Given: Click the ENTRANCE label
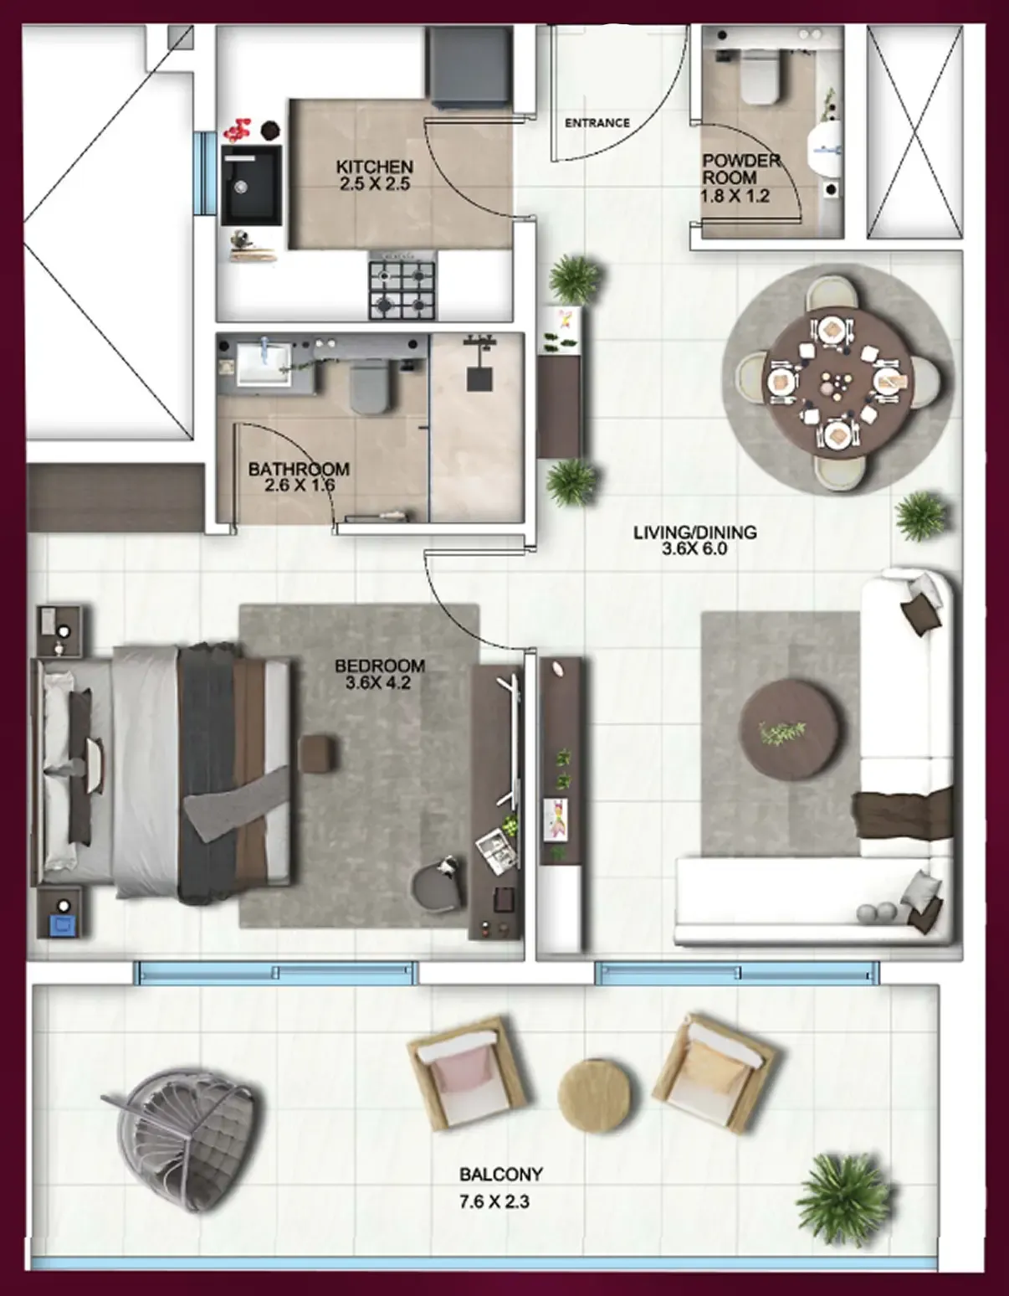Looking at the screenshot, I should click(597, 123).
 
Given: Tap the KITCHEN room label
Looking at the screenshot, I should click(374, 167).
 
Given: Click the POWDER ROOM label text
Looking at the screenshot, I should click(740, 168).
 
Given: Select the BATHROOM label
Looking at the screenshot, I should click(299, 469).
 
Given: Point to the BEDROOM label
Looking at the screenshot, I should click(380, 666).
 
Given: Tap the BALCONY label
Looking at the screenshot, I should click(500, 1175).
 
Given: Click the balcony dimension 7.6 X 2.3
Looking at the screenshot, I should click(494, 1201).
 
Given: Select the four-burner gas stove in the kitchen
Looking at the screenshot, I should click(402, 290).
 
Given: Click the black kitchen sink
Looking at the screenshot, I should click(251, 186).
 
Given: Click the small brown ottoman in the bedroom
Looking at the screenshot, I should click(318, 753).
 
